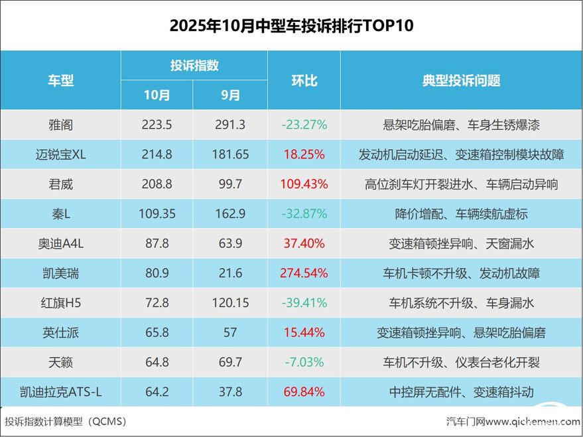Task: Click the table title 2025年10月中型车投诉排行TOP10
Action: pos(291,26)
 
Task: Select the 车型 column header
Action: pos(60,80)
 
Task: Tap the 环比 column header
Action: pos(304,80)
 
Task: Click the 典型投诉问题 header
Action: pos(461,80)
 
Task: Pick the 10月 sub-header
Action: pos(157,95)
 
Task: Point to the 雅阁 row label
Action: pos(60,125)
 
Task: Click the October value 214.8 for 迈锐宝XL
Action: pos(157,155)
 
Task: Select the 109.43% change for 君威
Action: pos(304,184)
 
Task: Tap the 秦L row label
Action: pos(60,214)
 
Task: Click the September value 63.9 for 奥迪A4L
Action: pos(230,244)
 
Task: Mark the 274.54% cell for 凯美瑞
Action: pos(304,273)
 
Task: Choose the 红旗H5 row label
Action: pos(60,303)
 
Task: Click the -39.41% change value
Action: pos(304,303)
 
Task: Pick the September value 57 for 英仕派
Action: pos(230,333)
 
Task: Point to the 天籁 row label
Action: pos(60,362)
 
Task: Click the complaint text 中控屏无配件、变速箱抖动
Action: pos(461,392)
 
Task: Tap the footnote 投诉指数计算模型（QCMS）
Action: pos(66,422)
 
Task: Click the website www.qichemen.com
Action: pos(537,422)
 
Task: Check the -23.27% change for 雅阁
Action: pos(304,125)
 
